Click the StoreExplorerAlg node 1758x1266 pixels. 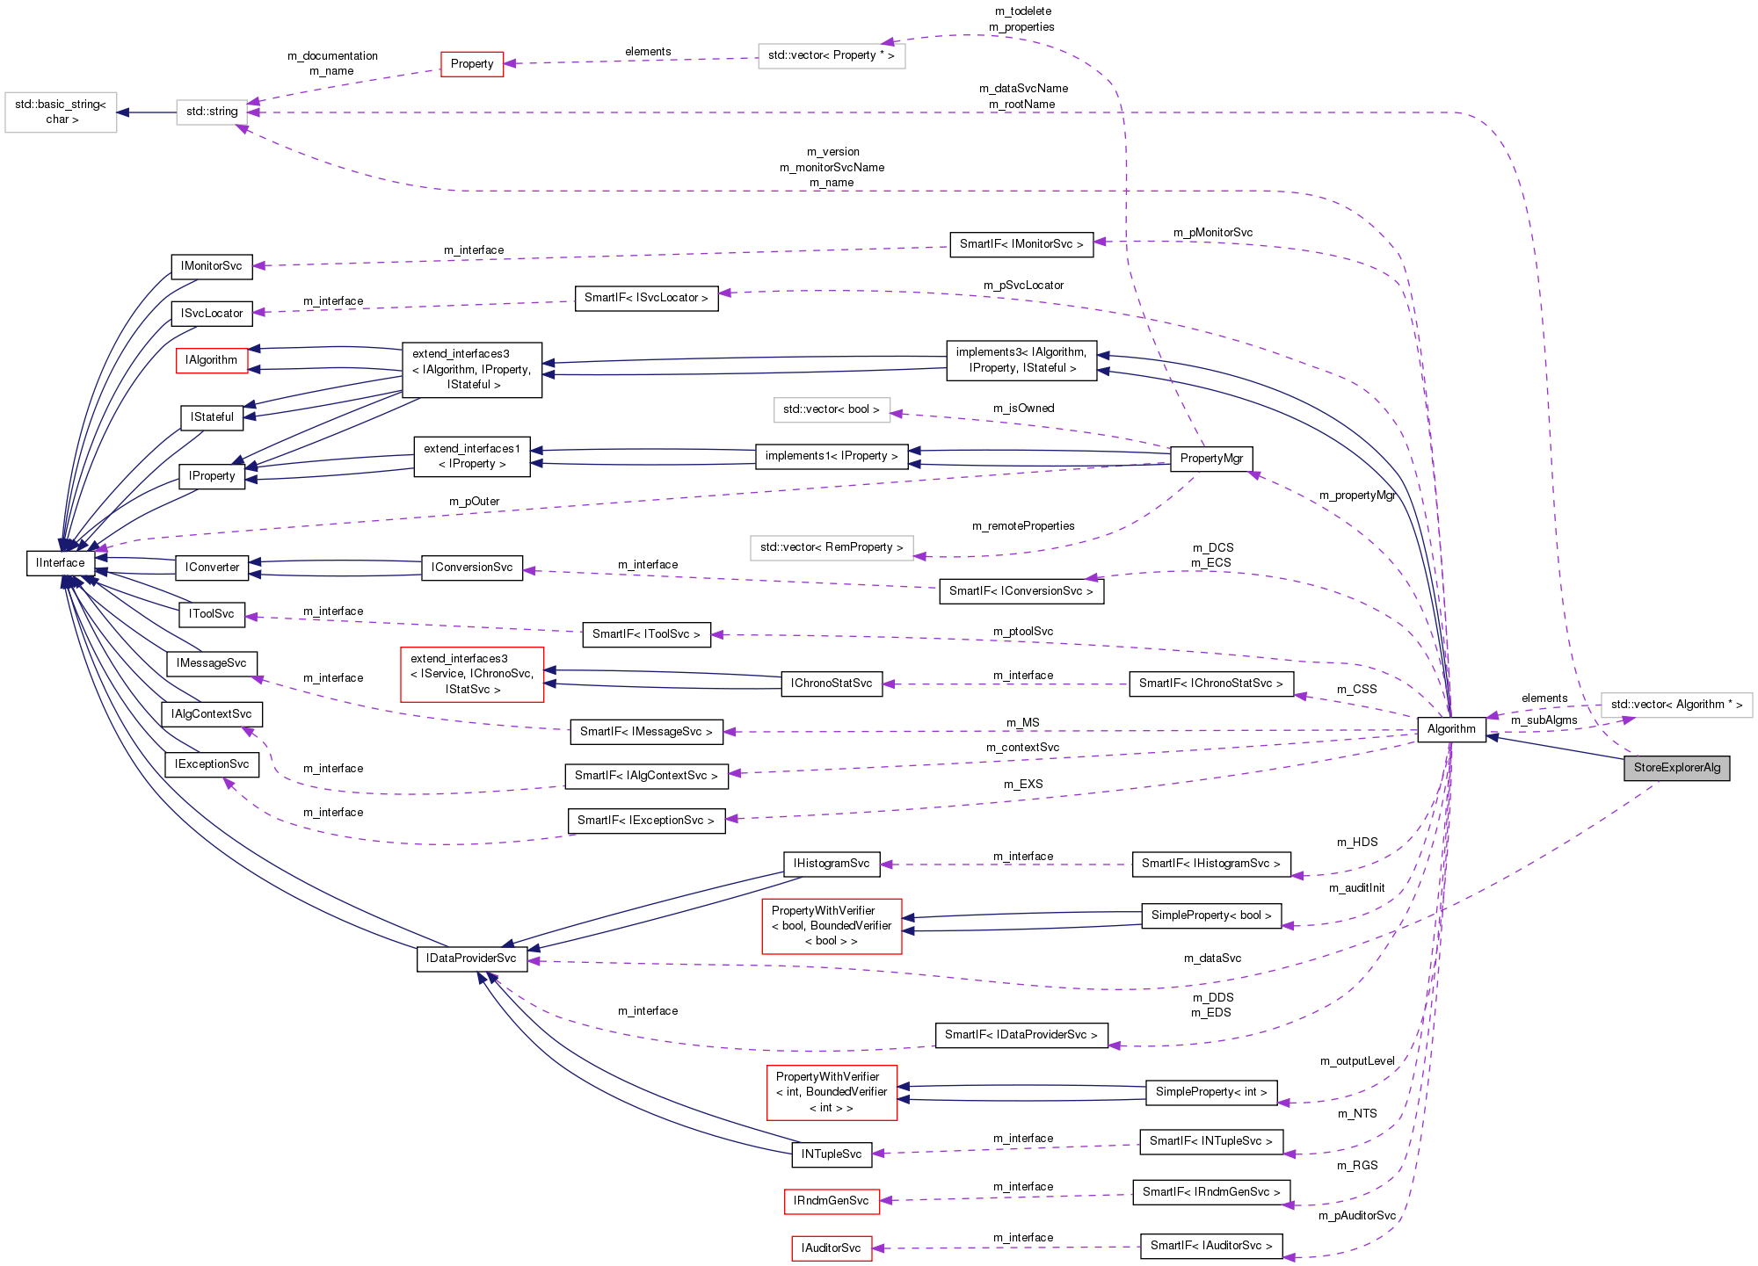[x=1676, y=768]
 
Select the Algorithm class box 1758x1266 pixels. [x=1451, y=729]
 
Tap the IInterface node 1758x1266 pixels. [x=61, y=563]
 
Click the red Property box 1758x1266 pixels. [x=472, y=64]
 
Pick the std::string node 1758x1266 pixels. [x=212, y=112]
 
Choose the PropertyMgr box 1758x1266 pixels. [x=1211, y=459]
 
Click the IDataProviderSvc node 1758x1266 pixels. [x=471, y=959]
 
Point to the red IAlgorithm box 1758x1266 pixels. [x=211, y=360]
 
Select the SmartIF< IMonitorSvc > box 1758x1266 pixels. [x=1021, y=244]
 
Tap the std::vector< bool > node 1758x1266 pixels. [x=831, y=409]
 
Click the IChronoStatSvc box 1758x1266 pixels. [x=832, y=684]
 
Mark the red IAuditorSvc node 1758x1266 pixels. [x=832, y=1248]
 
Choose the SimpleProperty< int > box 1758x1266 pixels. [x=1211, y=1092]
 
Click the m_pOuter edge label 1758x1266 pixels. [x=474, y=502]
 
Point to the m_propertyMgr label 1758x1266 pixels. [x=1357, y=496]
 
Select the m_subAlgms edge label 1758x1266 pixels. [x=1544, y=720]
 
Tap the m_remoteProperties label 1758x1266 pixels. [x=1023, y=526]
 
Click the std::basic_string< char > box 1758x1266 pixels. [x=61, y=112]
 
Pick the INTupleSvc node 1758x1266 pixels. [x=832, y=1154]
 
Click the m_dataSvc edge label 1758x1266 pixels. [x=1212, y=959]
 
